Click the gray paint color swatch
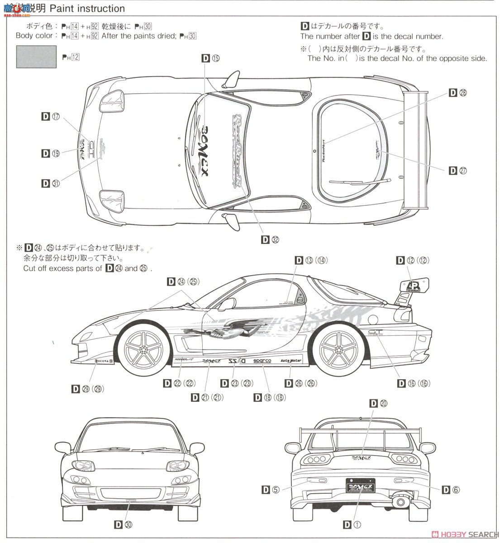[36, 57]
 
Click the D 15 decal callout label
[210, 58]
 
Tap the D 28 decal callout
[457, 93]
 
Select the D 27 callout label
[457, 171]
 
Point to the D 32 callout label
[270, 240]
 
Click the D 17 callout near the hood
[50, 117]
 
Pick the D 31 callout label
[50, 183]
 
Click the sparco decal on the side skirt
[262, 361]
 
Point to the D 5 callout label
[271, 489]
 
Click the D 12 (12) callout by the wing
[412, 260]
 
